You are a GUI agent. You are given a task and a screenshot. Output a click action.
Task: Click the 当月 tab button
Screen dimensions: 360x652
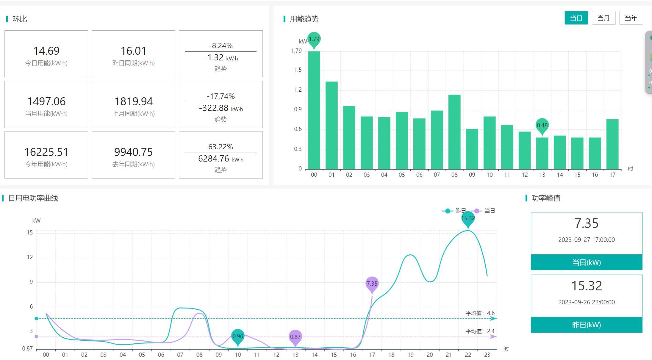coord(603,18)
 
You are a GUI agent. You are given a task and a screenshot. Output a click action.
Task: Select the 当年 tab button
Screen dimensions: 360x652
coord(631,18)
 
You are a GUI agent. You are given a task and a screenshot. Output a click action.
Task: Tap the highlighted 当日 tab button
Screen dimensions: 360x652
coord(576,18)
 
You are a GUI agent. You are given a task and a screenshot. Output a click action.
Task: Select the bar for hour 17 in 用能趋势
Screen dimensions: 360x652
coord(612,144)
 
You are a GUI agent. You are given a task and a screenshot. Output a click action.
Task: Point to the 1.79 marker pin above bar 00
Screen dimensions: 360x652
coord(314,39)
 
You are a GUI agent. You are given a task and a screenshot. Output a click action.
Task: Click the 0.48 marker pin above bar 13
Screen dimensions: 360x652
coord(542,126)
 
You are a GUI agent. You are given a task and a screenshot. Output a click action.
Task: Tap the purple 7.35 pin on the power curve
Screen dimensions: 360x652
coord(372,284)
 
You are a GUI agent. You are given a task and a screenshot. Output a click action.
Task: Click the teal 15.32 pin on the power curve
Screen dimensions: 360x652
coord(468,219)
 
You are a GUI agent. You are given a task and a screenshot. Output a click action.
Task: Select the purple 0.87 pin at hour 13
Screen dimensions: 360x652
coord(295,337)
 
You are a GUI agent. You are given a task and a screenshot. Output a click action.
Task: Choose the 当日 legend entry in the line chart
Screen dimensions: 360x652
coord(485,211)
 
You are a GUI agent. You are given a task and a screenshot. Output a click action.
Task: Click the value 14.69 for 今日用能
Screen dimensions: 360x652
coord(46,51)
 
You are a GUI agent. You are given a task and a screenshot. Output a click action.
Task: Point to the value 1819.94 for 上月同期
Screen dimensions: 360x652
coord(134,101)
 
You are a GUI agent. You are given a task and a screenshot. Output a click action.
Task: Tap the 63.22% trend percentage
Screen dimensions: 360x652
coord(221,147)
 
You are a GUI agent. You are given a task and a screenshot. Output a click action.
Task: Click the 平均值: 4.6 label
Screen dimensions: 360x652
coord(480,313)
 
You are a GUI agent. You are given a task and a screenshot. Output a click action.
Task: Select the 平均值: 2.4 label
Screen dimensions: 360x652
coord(480,331)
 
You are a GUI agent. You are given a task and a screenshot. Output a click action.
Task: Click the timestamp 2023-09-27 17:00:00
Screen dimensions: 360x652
coord(586,240)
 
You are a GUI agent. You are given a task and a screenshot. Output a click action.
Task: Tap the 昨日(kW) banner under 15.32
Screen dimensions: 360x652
coord(586,325)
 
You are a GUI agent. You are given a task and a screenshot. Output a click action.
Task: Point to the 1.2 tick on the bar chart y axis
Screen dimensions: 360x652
coord(298,90)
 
